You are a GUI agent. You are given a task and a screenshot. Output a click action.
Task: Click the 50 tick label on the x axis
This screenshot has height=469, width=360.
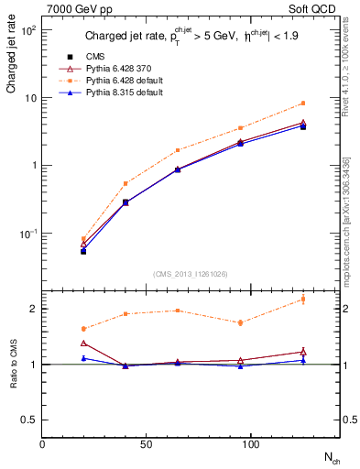pos(140,444)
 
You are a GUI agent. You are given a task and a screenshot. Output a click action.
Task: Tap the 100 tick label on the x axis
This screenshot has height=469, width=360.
pos(239,444)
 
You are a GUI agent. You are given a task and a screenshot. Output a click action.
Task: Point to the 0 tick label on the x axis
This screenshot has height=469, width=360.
pos(42,444)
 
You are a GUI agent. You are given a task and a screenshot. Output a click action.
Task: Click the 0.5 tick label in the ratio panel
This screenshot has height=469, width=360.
pos(30,420)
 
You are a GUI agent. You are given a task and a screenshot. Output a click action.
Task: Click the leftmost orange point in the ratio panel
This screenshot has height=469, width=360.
pos(83,329)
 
